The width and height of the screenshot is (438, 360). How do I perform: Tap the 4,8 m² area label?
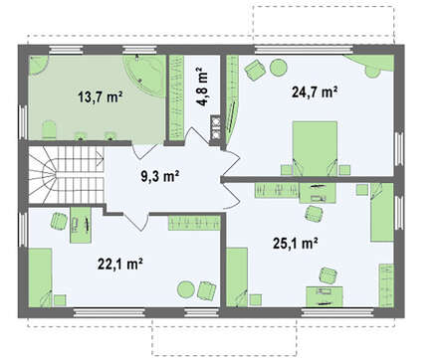point(203,87)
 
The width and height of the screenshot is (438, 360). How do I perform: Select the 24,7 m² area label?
point(315,91)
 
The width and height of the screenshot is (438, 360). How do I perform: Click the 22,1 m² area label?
point(120,265)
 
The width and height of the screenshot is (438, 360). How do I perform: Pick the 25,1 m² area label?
point(296,244)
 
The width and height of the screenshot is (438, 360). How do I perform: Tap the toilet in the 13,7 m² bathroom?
point(49,130)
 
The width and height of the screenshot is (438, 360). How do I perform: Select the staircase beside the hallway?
point(67,175)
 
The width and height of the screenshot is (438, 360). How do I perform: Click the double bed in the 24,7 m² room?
point(315,148)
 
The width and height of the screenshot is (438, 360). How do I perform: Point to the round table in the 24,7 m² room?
point(278,68)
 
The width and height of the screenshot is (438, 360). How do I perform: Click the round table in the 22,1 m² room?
point(185,289)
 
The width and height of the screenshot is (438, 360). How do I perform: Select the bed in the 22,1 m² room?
point(40,277)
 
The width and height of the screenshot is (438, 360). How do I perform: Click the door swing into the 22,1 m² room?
point(137,219)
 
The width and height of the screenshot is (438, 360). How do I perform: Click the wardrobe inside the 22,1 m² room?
point(194,223)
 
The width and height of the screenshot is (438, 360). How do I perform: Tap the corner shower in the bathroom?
point(38,65)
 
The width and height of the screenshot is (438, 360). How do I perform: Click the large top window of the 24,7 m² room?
point(304,50)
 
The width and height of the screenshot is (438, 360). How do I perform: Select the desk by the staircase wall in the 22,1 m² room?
point(81,225)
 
